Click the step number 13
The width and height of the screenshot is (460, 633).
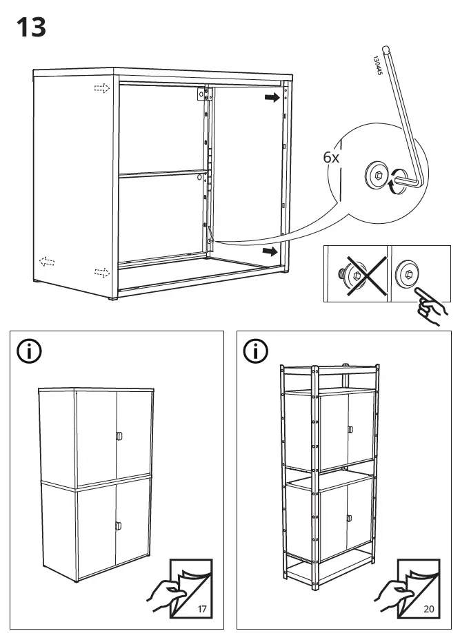coord(31,27)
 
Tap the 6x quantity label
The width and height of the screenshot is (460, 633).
coord(332,157)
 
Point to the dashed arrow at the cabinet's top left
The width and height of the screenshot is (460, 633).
coord(102,88)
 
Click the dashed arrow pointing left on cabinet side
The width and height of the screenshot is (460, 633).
coord(47,261)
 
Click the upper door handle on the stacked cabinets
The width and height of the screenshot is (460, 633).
coord(119,435)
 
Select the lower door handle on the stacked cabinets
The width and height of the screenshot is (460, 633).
coord(119,526)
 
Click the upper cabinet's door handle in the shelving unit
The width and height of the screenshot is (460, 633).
coord(350,430)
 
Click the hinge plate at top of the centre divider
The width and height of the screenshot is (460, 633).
coord(203,94)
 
